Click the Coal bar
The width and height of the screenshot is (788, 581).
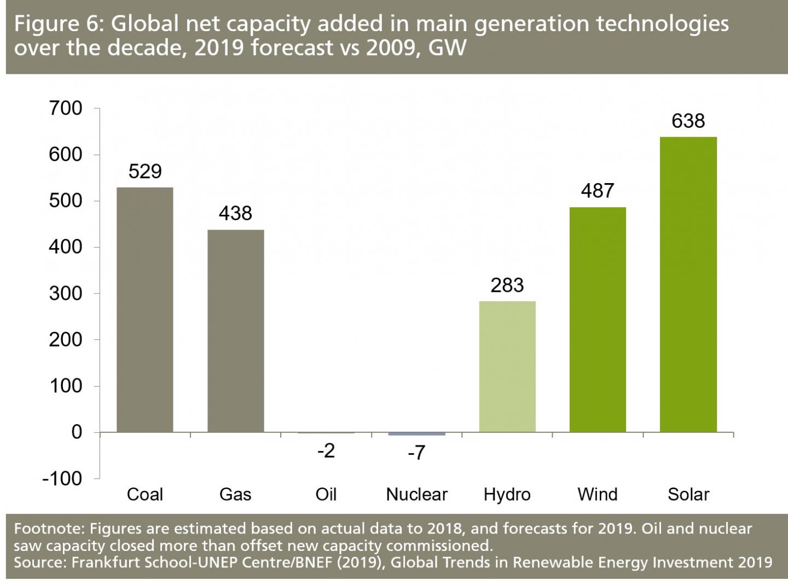click(145, 309)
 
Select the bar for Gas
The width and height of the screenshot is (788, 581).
click(235, 331)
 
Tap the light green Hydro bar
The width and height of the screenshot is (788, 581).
click(507, 366)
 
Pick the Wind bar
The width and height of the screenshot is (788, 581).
click(598, 319)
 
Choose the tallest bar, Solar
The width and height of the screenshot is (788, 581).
click(688, 284)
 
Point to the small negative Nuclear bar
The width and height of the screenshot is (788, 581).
click(416, 434)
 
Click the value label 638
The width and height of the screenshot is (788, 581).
click(688, 121)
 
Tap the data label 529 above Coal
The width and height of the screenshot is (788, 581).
click(145, 172)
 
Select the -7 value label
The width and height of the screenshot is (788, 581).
click(416, 453)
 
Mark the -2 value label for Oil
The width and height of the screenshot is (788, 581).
click(326, 451)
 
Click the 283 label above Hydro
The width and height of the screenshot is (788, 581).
click(507, 285)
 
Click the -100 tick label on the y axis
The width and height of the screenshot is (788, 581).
click(62, 478)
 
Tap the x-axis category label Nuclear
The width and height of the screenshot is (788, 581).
click(416, 495)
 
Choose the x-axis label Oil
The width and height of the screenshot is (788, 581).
click(326, 495)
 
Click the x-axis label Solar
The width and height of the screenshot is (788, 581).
click(688, 495)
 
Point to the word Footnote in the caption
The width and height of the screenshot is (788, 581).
click(48, 529)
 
